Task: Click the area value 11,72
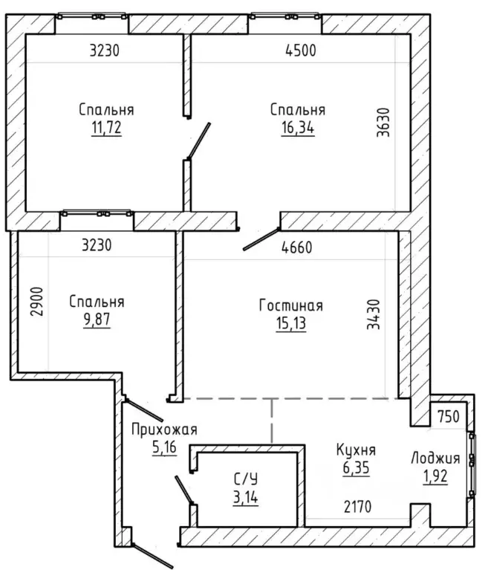(106, 128)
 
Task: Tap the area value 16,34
(298, 128)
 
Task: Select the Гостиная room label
(291, 305)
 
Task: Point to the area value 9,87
(97, 320)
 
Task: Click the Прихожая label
(164, 430)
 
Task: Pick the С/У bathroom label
(246, 479)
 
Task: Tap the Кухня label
(356, 450)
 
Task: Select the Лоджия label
(435, 459)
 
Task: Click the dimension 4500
(301, 51)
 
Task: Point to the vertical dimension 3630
(383, 122)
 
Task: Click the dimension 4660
(297, 247)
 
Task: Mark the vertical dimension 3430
(373, 314)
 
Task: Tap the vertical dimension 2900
(36, 302)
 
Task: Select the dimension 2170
(357, 507)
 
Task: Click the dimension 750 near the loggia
(449, 417)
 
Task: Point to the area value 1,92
(435, 476)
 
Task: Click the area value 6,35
(356, 468)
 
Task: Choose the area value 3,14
(246, 497)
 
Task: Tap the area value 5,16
(164, 447)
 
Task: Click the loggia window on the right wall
(472, 464)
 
